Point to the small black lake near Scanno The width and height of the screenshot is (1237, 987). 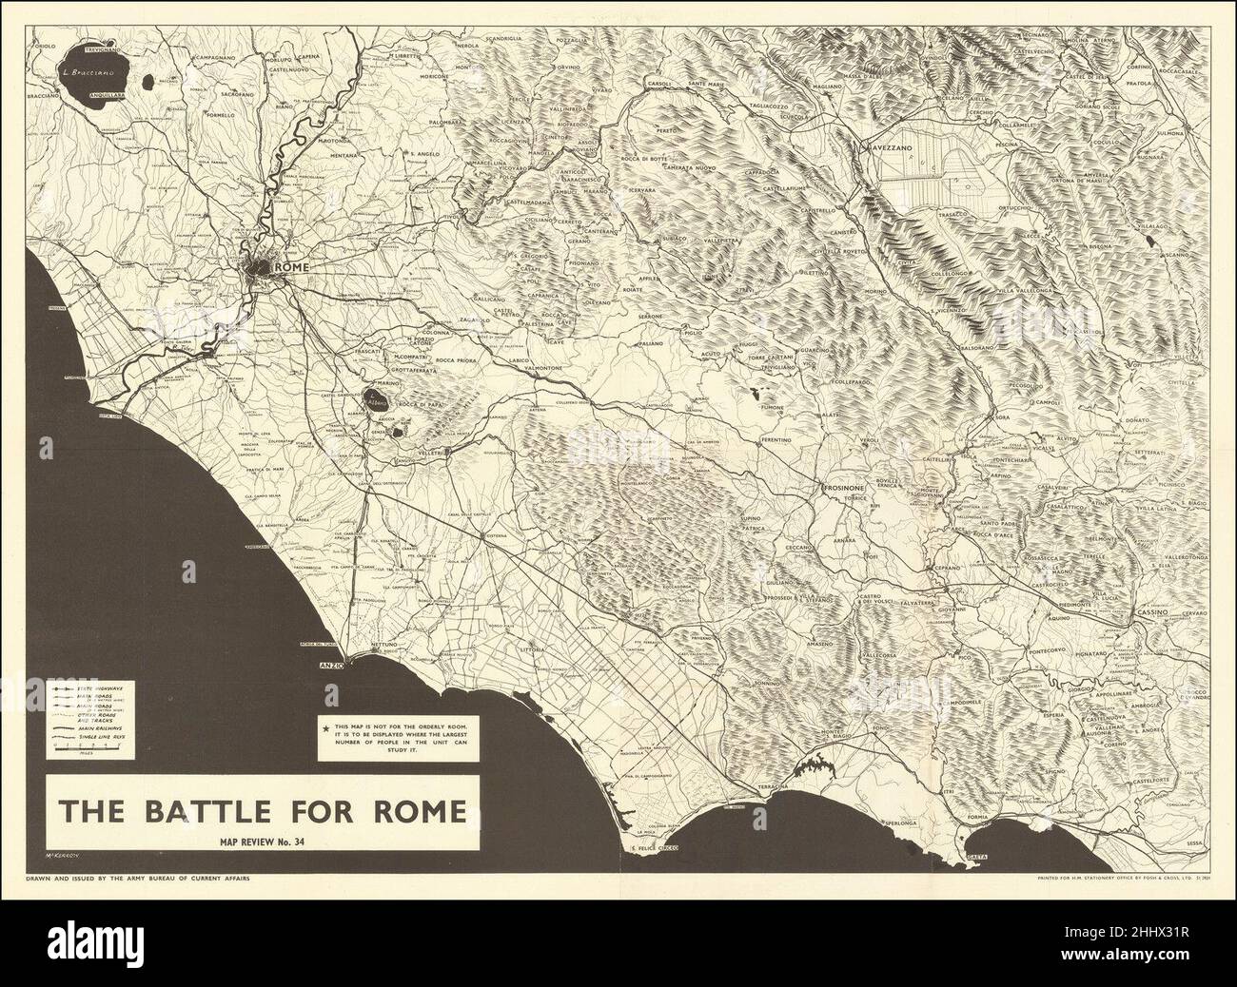click(x=1152, y=244)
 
